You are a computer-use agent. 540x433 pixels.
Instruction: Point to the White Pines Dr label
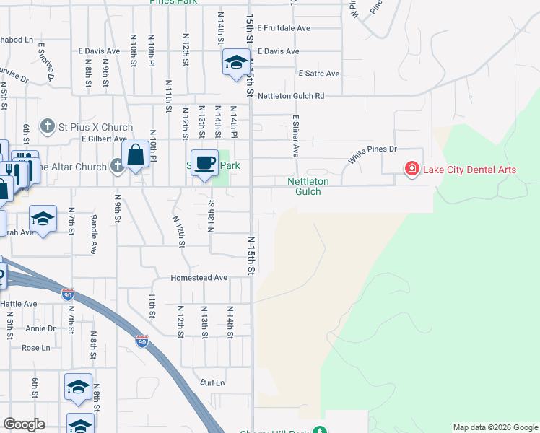click(373, 153)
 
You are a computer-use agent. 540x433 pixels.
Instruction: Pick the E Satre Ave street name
click(318, 74)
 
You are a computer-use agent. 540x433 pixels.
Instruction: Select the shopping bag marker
click(135, 155)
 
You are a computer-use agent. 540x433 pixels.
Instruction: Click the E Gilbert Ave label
click(104, 139)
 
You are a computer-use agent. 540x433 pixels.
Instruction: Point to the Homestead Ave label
click(199, 278)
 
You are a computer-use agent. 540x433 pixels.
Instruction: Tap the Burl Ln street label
click(213, 382)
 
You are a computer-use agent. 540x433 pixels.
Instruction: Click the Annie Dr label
click(40, 328)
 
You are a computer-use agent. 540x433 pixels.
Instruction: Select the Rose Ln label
click(35, 347)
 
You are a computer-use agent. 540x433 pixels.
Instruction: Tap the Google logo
click(25, 424)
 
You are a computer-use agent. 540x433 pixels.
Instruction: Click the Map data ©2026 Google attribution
click(495, 427)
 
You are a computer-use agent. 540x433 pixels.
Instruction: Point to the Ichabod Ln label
click(16, 40)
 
